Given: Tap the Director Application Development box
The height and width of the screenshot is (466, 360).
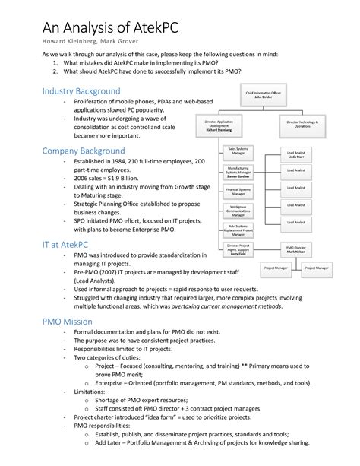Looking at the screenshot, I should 221,125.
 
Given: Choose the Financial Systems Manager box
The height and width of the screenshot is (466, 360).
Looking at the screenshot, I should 237,190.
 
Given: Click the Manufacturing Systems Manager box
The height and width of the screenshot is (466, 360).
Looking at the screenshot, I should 237,172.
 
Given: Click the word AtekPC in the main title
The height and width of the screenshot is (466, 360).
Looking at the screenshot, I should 165,20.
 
